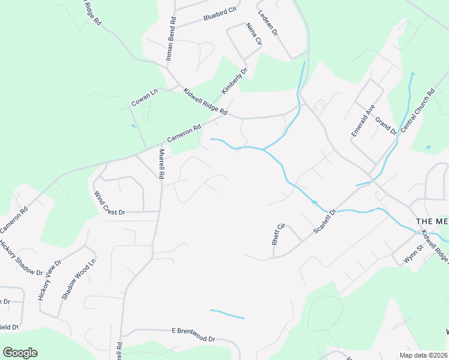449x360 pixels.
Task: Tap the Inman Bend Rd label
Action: tap(172, 39)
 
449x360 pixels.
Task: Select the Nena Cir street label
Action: tap(254, 34)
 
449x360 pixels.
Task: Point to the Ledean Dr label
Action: tap(267, 23)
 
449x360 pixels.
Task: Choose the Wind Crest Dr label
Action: tap(110, 203)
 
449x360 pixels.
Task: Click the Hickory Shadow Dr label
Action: tap(21, 258)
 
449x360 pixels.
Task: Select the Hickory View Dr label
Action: tap(50, 280)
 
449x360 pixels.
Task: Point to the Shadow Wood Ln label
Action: tap(79, 280)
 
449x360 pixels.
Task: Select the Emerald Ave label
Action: tap(363, 120)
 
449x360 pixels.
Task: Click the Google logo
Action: tap(20, 353)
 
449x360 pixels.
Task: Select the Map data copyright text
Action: tap(423, 355)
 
